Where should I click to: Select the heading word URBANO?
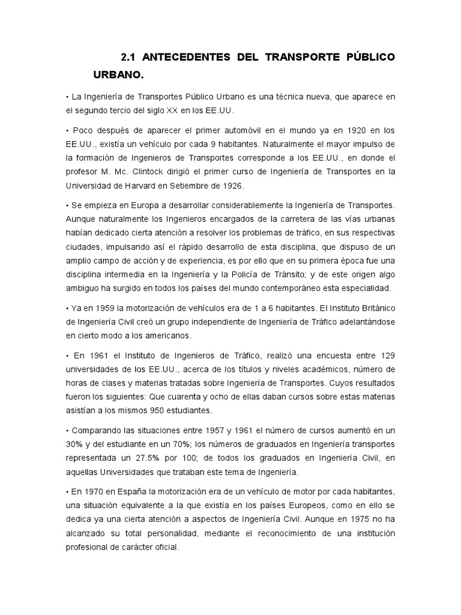[119, 76]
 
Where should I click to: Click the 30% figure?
[74, 444]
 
